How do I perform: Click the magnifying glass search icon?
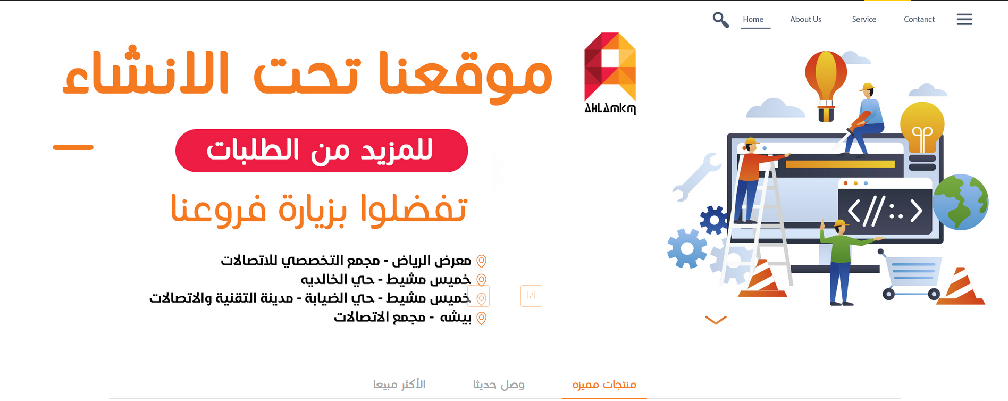point(720,20)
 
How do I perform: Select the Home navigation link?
point(753,19)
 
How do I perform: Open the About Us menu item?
point(805,19)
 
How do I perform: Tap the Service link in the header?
point(864,19)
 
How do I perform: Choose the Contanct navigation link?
point(919,19)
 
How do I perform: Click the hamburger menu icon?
point(964,19)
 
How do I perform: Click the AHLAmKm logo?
point(610,73)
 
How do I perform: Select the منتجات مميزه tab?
point(604,384)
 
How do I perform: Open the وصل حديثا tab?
point(499,384)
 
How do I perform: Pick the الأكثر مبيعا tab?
point(399,384)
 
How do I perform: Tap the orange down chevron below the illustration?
point(716,320)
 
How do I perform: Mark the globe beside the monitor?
point(961,202)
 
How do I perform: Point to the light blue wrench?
point(696,177)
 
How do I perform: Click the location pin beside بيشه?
point(481,318)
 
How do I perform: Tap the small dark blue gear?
point(713,220)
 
